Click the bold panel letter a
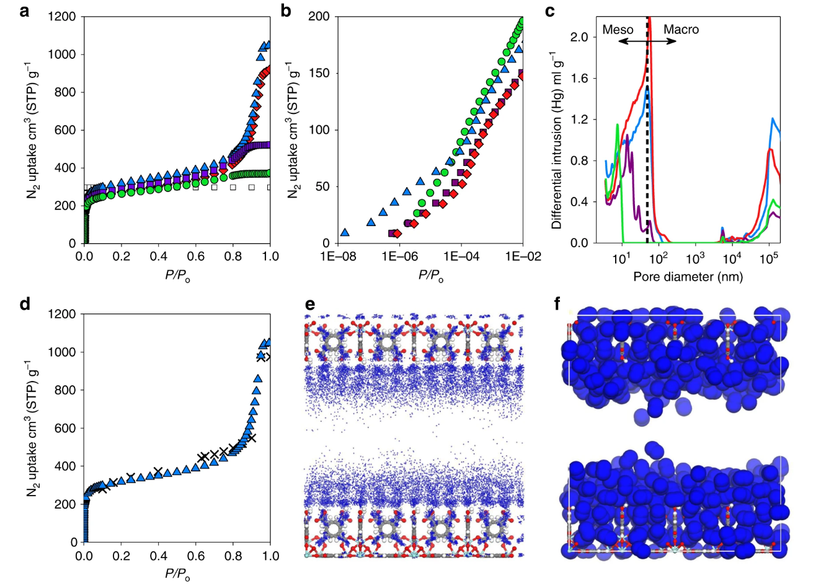click(24, 11)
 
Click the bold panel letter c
click(548, 11)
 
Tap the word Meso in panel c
click(618, 29)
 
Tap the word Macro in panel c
click(681, 29)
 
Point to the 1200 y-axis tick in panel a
click(62, 17)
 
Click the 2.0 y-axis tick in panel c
click(579, 37)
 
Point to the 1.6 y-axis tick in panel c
click(579, 79)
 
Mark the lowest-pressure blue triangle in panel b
click(345, 233)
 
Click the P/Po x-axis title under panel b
click(430, 276)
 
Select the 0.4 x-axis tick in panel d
click(159, 556)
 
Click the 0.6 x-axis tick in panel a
click(196, 256)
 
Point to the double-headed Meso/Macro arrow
click(647, 41)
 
